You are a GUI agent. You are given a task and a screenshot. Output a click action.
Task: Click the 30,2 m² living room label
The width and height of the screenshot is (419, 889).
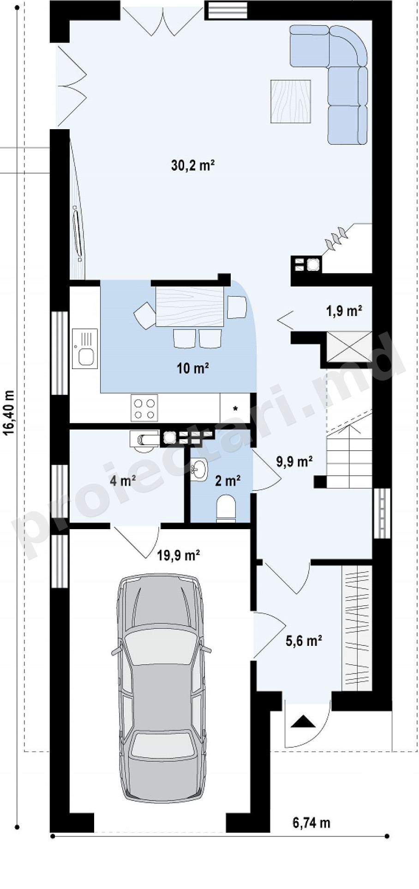click(x=193, y=165)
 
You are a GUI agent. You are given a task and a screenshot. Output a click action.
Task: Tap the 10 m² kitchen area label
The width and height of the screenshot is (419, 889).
click(x=193, y=368)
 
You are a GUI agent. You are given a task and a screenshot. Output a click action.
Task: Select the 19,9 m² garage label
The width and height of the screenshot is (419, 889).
click(x=179, y=555)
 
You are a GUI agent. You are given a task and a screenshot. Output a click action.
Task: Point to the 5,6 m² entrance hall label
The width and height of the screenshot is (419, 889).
click(x=304, y=640)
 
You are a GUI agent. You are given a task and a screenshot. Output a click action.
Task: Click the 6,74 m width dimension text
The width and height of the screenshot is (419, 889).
click(x=312, y=822)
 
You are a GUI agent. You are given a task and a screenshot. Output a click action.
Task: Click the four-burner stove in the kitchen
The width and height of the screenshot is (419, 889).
click(x=144, y=408)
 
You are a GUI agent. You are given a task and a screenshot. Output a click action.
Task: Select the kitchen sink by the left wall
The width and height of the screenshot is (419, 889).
click(x=85, y=349)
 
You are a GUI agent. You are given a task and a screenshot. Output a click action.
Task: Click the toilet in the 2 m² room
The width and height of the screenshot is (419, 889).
click(x=226, y=508)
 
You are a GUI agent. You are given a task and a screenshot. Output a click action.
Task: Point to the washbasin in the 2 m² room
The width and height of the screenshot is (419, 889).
click(x=199, y=470)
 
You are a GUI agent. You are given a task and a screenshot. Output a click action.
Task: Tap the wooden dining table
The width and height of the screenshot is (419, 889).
click(x=190, y=306)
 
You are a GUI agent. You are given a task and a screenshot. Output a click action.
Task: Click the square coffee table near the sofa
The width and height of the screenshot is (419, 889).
click(x=290, y=101)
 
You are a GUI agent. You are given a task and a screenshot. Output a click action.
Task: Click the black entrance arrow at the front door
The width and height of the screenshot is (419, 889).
click(x=303, y=722)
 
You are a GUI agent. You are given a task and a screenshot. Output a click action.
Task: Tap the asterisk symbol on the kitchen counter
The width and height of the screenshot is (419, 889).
click(x=235, y=408)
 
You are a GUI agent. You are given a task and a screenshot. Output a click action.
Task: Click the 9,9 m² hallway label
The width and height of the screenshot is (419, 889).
click(x=295, y=461)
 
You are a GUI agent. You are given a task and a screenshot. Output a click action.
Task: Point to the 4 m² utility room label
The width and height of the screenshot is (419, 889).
click(x=123, y=481)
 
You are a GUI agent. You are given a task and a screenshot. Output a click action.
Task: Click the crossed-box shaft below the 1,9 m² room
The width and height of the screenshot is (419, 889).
click(x=349, y=346)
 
